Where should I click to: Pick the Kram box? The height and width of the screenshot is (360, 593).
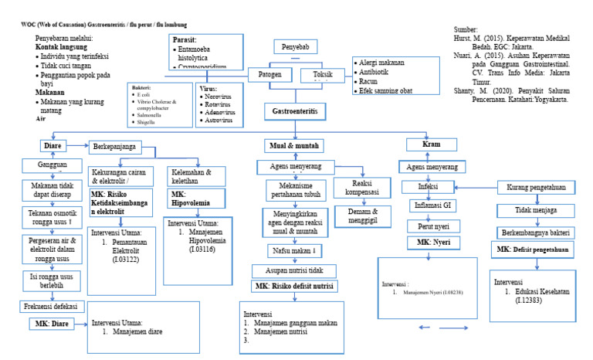pos(432,144)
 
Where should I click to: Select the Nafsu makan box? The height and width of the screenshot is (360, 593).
pos(294,251)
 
